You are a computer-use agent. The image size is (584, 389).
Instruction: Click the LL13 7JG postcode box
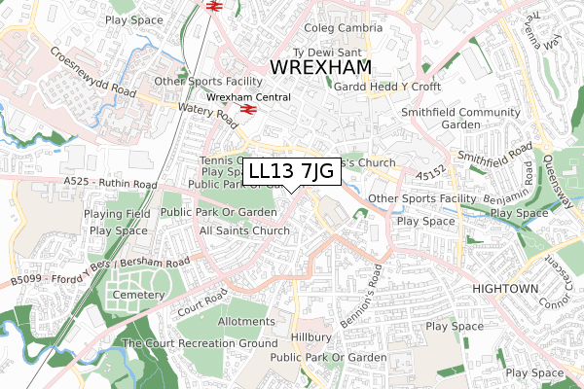[292, 172]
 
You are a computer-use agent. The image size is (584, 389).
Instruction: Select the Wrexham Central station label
[248, 97]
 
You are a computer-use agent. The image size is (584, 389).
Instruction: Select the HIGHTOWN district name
[505, 290]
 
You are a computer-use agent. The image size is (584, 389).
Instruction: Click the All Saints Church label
[244, 230]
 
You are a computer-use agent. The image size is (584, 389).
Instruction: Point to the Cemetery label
[137, 295]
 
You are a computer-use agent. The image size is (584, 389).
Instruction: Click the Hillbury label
[310, 337]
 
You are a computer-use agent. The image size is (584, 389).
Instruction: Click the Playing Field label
[116, 214]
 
